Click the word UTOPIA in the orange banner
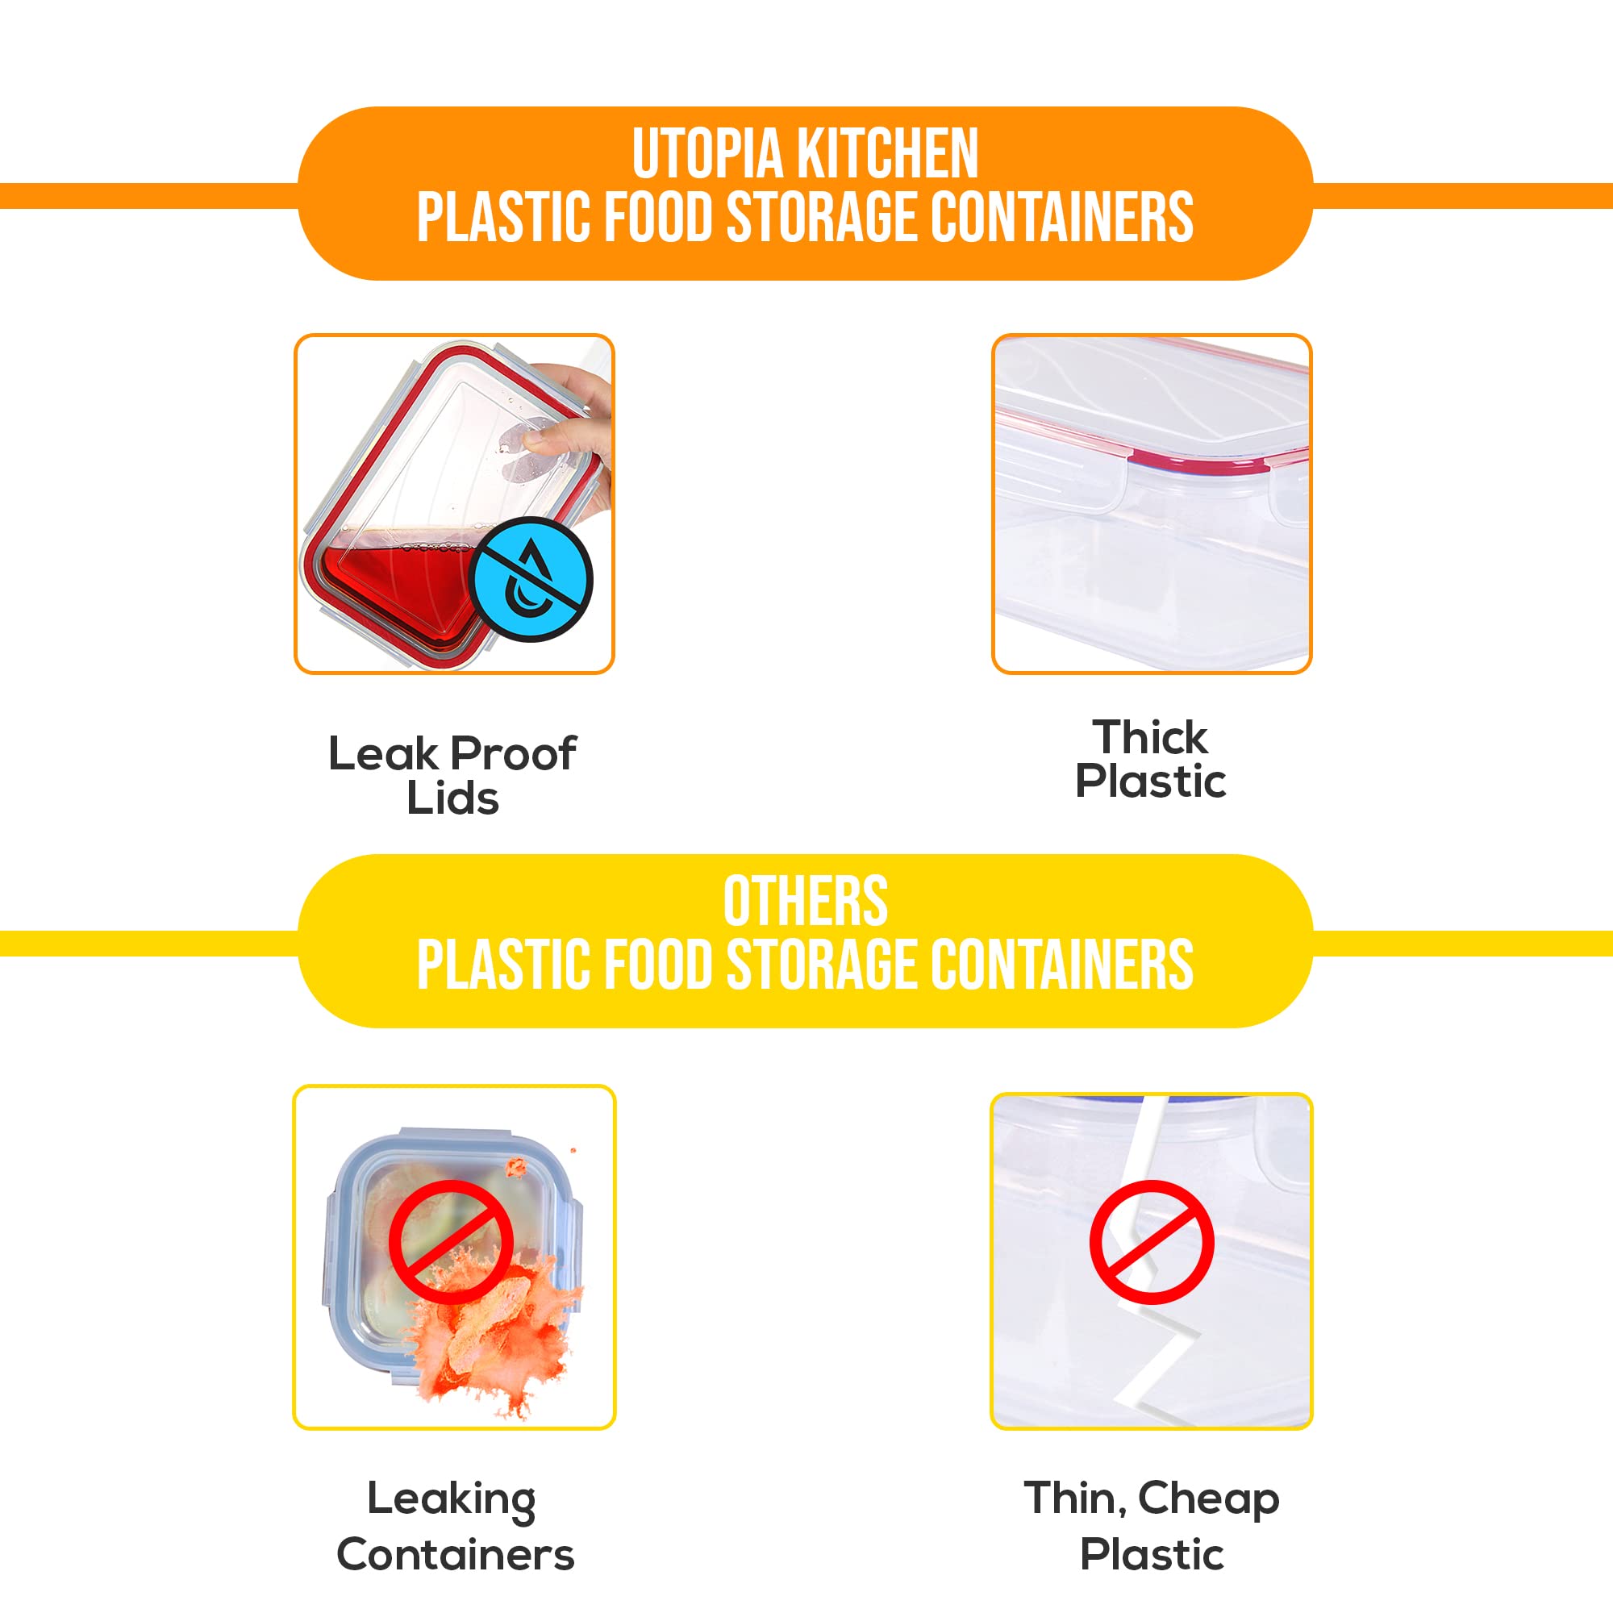click(708, 155)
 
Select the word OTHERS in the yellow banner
click(805, 902)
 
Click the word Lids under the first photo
click(452, 798)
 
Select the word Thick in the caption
click(1151, 737)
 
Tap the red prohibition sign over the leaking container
click(451, 1241)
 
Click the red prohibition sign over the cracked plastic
click(1152, 1241)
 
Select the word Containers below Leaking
click(456, 1555)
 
